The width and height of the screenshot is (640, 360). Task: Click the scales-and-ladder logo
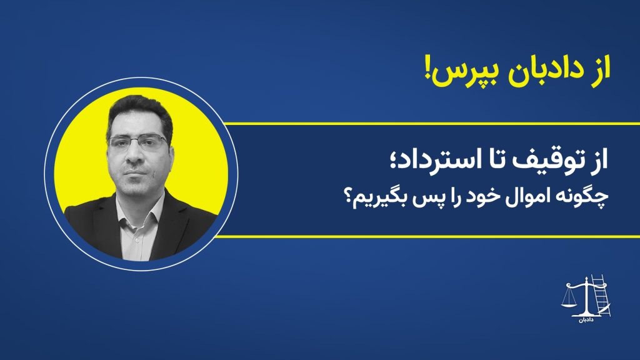(586, 298)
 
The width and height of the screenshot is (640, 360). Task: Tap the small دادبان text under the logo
(586, 319)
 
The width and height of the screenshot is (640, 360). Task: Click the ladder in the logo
(601, 295)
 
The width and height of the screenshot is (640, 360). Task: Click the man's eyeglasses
(138, 142)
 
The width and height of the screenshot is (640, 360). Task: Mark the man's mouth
(135, 173)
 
